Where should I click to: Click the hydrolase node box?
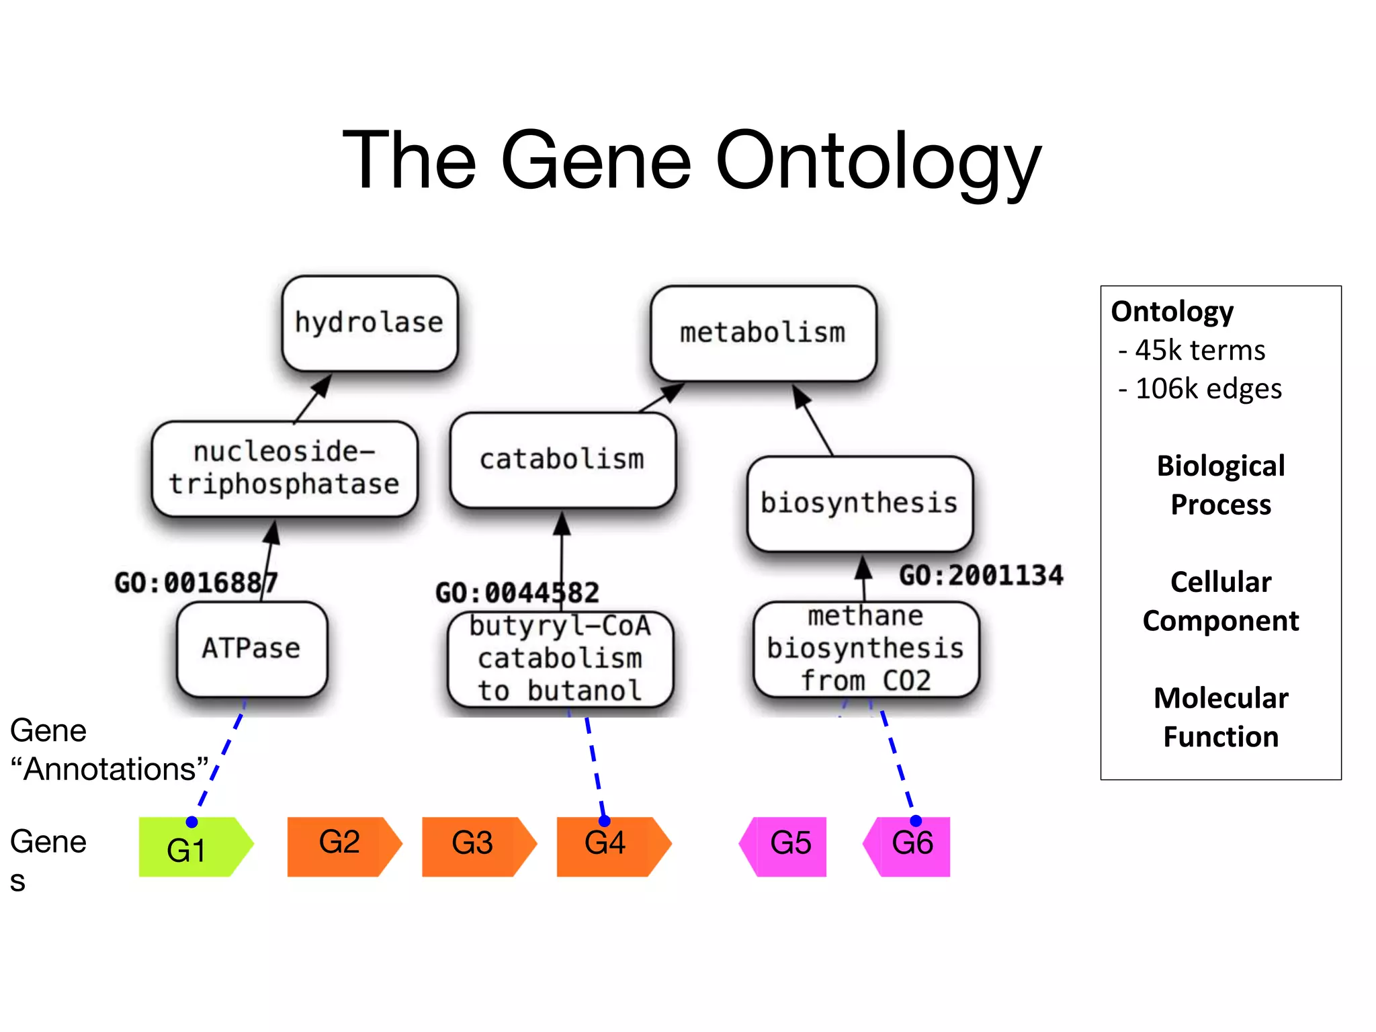coord(370,323)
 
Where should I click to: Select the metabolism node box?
coord(763,333)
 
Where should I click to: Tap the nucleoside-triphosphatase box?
coord(284,468)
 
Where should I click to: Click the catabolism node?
coord(562,460)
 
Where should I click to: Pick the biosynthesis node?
coord(859,503)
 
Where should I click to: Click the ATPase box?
coord(251,648)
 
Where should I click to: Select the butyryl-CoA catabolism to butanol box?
coord(560,659)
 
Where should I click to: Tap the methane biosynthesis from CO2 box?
coord(865,649)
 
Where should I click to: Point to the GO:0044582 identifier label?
coord(517,593)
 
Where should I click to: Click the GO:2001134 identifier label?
coord(981,576)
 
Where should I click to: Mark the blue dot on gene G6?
coord(915,820)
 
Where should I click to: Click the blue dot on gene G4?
coord(604,820)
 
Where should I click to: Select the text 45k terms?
coord(1199,350)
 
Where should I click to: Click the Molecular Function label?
coord(1220,717)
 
